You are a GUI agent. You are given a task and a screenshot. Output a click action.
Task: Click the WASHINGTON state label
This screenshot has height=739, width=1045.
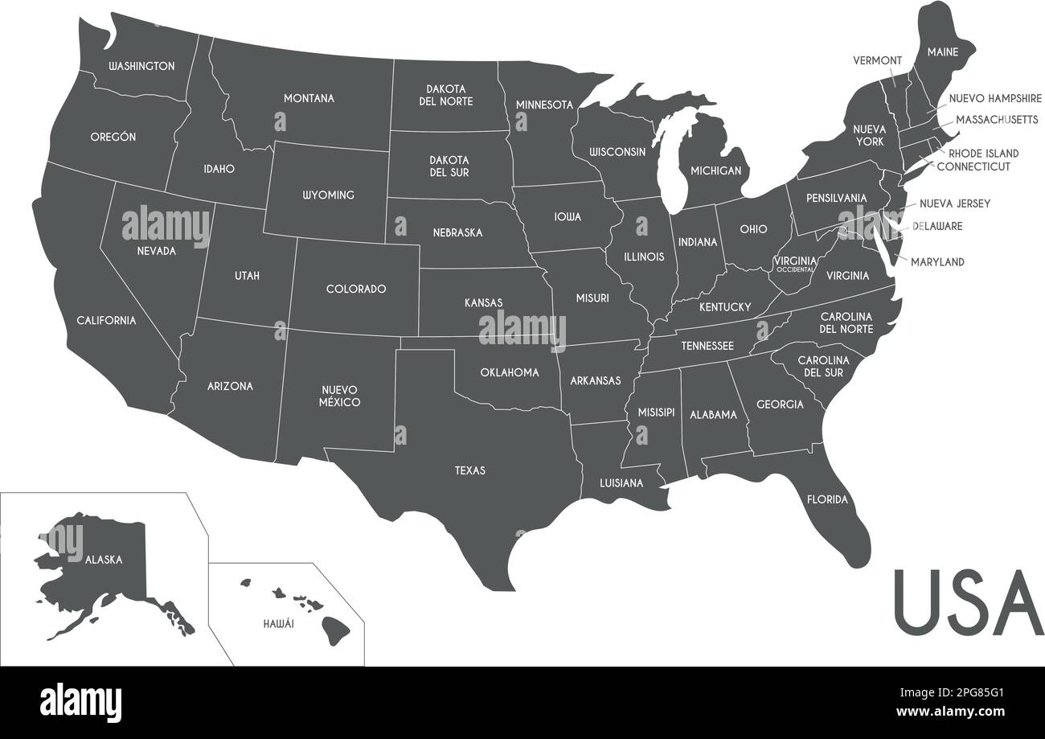coord(141,66)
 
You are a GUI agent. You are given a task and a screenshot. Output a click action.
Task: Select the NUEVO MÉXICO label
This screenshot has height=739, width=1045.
coord(339,396)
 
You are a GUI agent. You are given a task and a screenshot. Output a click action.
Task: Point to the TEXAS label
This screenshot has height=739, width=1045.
coord(470,470)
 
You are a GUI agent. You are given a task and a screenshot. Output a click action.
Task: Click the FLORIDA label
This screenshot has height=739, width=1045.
coord(827,499)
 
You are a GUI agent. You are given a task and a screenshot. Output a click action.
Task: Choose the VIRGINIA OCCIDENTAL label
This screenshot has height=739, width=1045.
coord(795,264)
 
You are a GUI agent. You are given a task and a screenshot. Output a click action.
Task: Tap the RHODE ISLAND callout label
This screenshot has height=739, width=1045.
coord(983,153)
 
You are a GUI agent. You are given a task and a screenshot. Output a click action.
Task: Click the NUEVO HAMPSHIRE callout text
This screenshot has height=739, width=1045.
coord(995,98)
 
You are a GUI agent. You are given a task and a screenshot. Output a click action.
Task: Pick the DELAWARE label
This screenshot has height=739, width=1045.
coord(937,226)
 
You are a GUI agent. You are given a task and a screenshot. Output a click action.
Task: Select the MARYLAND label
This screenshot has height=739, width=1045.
coord(937,262)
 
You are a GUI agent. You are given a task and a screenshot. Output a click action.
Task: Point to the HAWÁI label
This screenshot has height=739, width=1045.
coord(278,623)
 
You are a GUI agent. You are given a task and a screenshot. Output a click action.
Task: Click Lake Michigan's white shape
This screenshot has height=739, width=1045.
coord(670,165)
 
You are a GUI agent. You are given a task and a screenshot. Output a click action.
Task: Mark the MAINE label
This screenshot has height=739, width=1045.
coord(942,52)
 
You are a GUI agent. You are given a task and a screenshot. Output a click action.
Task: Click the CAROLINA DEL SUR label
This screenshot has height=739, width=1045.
coord(823,366)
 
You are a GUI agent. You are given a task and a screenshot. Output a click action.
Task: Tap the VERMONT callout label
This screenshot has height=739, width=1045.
coord(877,60)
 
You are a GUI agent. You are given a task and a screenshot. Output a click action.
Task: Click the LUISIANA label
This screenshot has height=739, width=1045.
coord(621,483)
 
